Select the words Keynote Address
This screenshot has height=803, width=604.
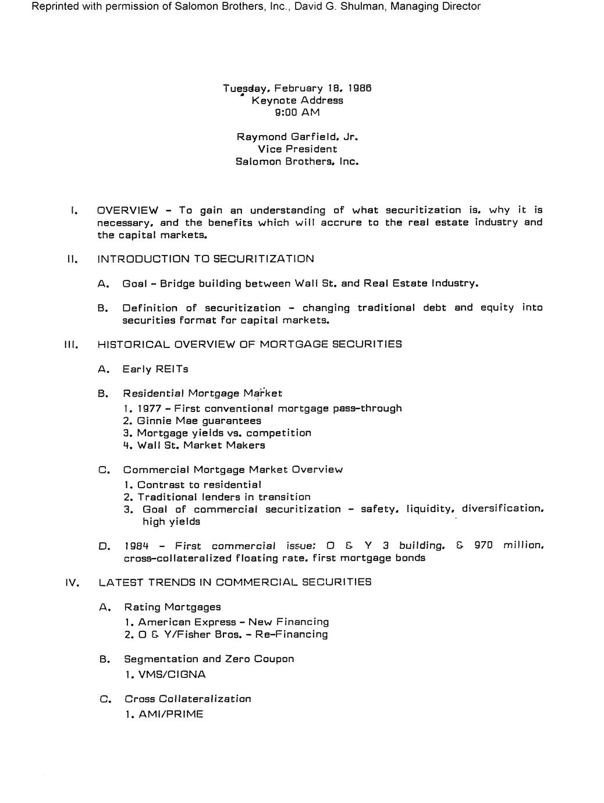[x=297, y=100]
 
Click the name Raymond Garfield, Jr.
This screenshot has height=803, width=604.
[x=297, y=137]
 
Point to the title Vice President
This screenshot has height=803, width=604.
[x=297, y=149]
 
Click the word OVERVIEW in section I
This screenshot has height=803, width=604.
[x=127, y=210]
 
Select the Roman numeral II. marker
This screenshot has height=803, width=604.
[x=72, y=259]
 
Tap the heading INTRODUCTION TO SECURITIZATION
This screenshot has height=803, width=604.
[x=205, y=259]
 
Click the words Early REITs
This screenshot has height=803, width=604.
[x=155, y=369]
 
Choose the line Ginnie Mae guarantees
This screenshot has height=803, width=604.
[x=199, y=421]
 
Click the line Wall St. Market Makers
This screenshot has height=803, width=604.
[x=201, y=445]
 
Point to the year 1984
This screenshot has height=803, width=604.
[x=137, y=546]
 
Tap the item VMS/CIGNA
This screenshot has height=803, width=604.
[x=172, y=675]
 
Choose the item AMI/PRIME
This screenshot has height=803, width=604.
[x=170, y=714]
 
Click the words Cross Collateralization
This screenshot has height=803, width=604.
[x=187, y=699]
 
